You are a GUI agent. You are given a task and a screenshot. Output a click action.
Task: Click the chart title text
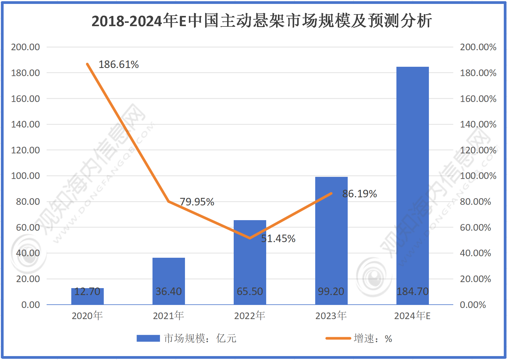[x=262, y=21]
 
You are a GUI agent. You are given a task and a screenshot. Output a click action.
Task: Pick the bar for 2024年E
[x=412, y=180]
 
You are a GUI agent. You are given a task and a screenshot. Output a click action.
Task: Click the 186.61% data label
[x=119, y=64]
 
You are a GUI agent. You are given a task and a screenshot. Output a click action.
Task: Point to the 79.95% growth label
[x=197, y=202]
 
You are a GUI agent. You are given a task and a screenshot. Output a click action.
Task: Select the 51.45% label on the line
[x=278, y=238]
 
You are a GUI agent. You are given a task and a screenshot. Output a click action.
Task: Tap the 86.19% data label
[x=359, y=194]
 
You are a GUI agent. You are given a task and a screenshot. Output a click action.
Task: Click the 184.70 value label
[x=412, y=291]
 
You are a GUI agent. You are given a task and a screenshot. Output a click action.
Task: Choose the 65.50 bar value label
[x=250, y=291]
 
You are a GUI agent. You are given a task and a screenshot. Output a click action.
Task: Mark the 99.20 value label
[x=331, y=291]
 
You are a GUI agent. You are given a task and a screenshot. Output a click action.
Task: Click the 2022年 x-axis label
[x=250, y=316]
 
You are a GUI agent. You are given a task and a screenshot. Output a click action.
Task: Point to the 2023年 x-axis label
[x=331, y=316]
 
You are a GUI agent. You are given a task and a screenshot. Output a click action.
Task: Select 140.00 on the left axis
[x=26, y=124]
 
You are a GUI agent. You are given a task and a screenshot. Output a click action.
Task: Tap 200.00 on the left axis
[x=26, y=47]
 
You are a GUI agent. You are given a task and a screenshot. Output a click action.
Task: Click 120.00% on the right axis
[x=478, y=150]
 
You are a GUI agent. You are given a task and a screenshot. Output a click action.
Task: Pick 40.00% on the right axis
[x=475, y=253]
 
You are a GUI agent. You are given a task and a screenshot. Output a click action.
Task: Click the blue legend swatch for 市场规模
[x=148, y=338]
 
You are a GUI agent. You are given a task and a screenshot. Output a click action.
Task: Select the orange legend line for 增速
[x=338, y=338]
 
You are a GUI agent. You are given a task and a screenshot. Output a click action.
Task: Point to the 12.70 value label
[x=87, y=291]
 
